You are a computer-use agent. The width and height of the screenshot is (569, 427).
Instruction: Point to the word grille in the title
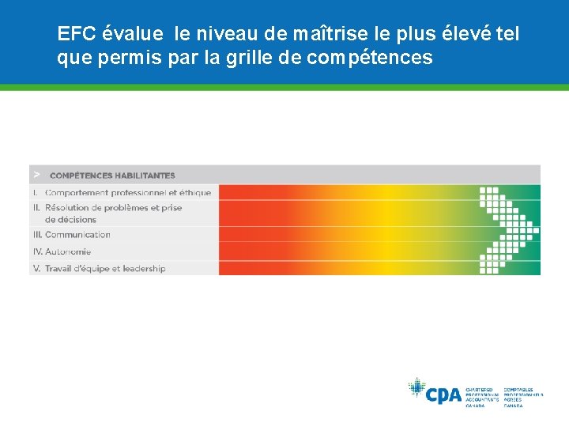click(254, 58)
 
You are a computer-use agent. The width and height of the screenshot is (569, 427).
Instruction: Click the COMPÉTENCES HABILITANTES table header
click(112, 175)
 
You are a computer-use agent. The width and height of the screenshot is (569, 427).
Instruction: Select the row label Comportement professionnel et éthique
click(128, 192)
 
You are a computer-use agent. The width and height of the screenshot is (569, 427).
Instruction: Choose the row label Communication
click(77, 235)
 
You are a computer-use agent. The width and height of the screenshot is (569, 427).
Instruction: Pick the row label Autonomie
click(68, 251)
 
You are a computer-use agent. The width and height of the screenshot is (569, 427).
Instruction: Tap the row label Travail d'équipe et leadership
click(105, 268)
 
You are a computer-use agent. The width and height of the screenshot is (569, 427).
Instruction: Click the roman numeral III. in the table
click(37, 235)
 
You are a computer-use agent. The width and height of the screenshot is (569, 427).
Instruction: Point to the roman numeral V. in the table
click(36, 268)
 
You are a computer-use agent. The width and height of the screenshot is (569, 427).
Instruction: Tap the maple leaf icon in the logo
click(416, 388)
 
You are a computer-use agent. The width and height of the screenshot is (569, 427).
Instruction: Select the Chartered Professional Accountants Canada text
click(481, 397)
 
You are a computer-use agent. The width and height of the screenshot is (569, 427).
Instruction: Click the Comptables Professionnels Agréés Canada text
click(523, 397)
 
